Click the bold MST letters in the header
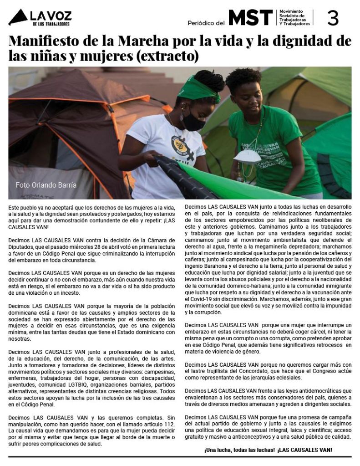(250, 18)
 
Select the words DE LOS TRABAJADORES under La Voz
(51, 23)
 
